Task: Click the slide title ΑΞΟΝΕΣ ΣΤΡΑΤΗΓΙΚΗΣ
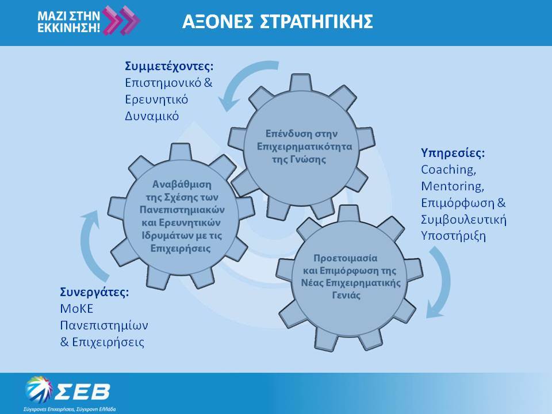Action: [277, 21]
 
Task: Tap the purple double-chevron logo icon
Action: [121, 21]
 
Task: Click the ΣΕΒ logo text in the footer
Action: [83, 392]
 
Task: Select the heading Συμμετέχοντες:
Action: [169, 66]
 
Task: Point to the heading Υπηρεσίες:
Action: [453, 153]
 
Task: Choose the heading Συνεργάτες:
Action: [94, 292]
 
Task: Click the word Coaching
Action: [448, 170]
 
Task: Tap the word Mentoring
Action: [453, 186]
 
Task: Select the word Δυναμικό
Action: [152, 116]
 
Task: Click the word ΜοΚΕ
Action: [76, 309]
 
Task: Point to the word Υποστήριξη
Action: [454, 236]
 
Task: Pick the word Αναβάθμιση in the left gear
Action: [182, 184]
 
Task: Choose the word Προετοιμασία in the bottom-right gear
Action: [346, 258]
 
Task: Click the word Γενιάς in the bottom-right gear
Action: [346, 295]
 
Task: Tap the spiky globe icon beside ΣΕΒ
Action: [39, 390]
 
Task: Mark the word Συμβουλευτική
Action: [463, 219]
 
